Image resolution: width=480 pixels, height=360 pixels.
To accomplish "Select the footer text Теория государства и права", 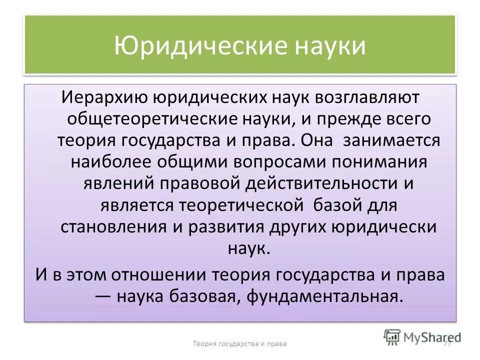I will click(240, 343).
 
